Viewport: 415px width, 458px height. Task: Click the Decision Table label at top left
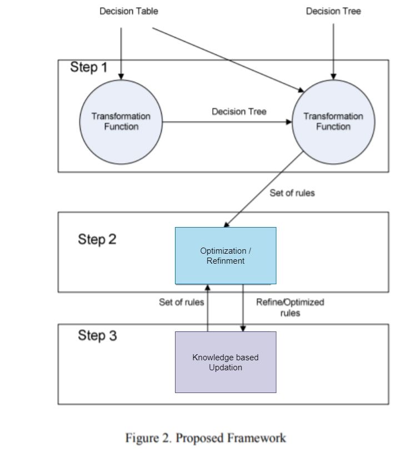pos(128,11)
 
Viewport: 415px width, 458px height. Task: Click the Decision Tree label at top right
pos(333,11)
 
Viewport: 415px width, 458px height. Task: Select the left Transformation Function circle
pos(121,122)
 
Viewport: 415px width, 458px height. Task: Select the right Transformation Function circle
pos(333,122)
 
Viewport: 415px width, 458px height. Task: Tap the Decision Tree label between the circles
pos(239,112)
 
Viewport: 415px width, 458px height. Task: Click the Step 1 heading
pos(89,68)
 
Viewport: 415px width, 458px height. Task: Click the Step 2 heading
pos(97,239)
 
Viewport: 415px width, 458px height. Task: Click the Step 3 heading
pos(97,335)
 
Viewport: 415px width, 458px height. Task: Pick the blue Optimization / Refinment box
pos(226,255)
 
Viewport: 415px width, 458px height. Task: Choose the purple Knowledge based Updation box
pos(226,362)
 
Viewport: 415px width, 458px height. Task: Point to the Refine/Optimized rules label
pos(290,308)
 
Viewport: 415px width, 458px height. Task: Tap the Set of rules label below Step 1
pos(292,193)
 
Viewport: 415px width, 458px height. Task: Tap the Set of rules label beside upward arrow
pos(182,303)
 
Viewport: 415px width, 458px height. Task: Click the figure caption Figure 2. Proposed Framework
pos(206,438)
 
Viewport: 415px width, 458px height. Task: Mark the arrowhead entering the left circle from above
pos(121,77)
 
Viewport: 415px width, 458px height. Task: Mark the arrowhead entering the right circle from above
pos(333,77)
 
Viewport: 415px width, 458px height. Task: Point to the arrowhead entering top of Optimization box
pos(226,225)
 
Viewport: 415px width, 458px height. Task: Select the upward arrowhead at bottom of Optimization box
pos(208,287)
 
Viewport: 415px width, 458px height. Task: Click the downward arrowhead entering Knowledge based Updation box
pos(243,329)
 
